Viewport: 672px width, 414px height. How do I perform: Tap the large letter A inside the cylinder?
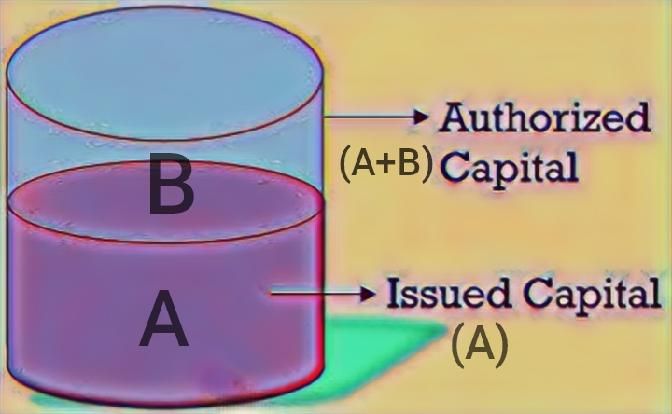click(164, 320)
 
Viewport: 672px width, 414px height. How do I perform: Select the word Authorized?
click(545, 118)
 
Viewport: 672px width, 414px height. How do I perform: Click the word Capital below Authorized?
click(510, 167)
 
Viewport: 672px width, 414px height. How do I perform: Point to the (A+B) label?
click(386, 164)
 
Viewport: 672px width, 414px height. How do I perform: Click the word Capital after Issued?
click(591, 294)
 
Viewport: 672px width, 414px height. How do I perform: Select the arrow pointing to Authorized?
click(378, 117)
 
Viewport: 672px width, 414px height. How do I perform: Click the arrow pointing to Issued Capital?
click(322, 294)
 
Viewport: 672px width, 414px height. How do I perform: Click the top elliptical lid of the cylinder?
click(166, 73)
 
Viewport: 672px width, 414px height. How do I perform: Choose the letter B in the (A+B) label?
click(409, 164)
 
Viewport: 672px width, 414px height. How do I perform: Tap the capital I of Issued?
click(394, 294)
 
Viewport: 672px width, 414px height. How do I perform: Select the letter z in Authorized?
click(585, 121)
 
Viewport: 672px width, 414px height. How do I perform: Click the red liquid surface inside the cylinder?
click(166, 203)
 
